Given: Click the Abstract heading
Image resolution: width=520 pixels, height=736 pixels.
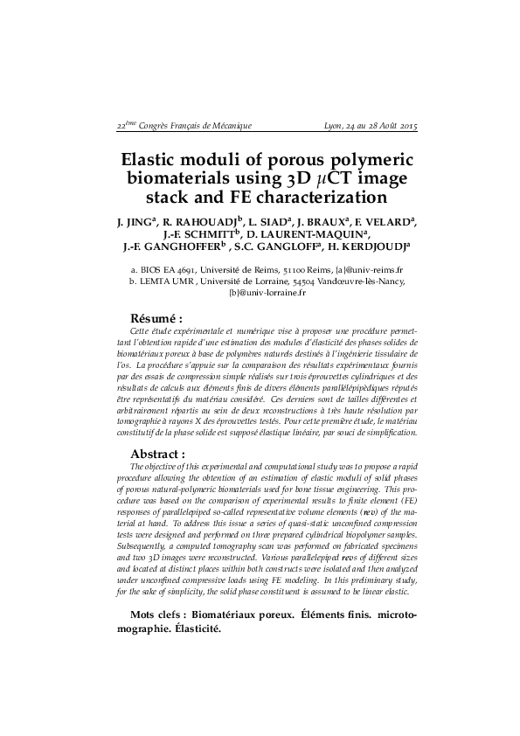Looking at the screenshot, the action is pyautogui.click(x=158, y=455).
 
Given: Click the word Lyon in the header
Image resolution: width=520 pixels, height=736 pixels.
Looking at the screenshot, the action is pyautogui.click(x=332, y=126).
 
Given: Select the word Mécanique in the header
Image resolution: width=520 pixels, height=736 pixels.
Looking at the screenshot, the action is pyautogui.click(x=226, y=126).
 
